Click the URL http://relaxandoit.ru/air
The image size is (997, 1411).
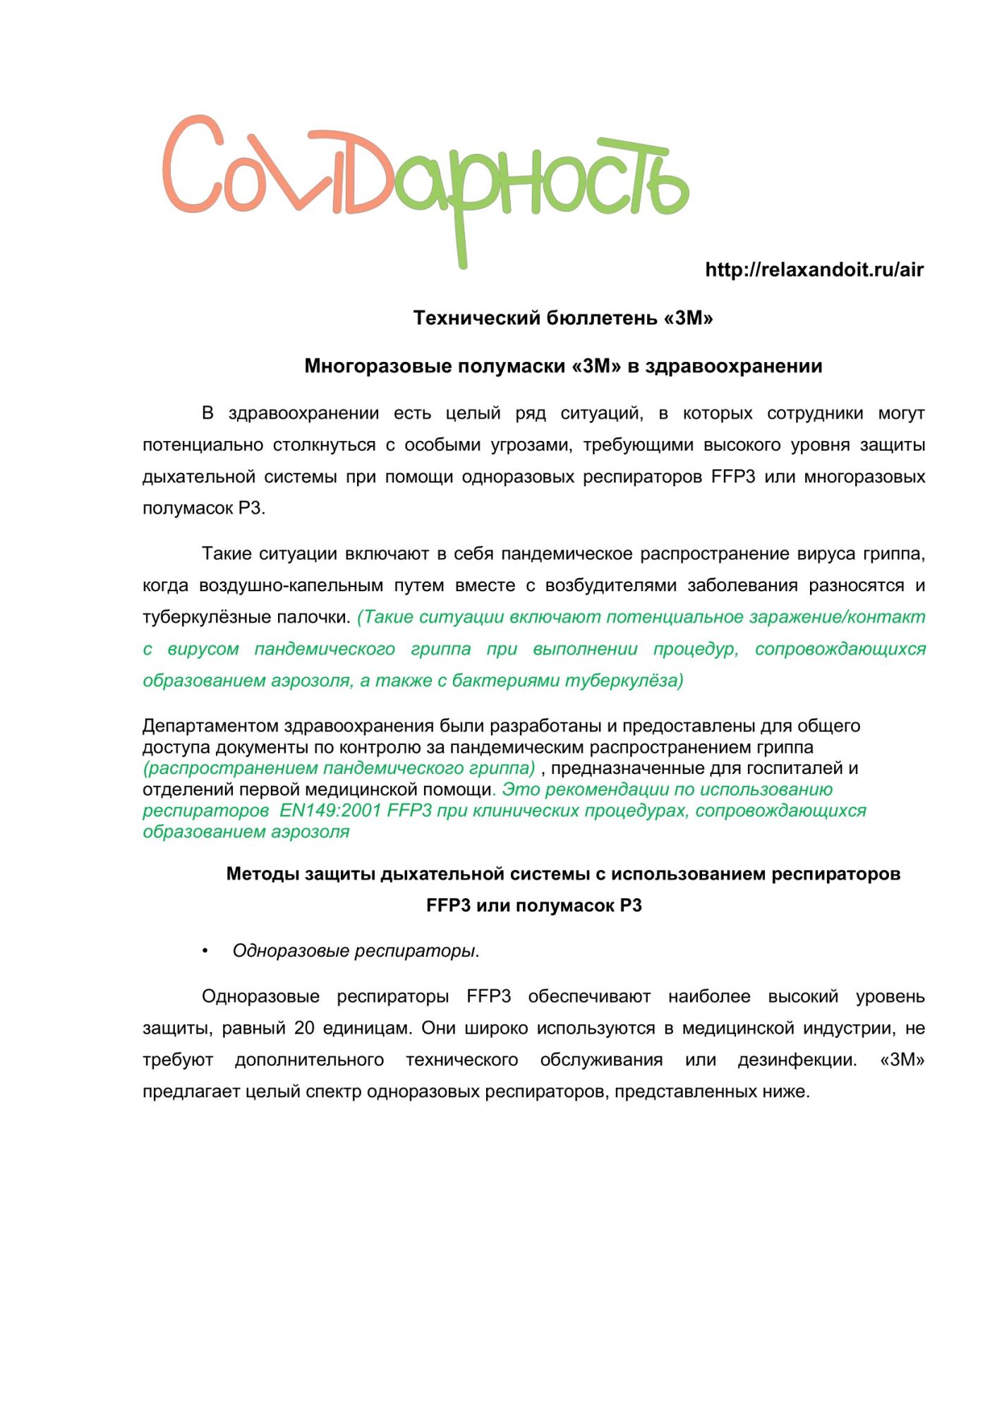(814, 270)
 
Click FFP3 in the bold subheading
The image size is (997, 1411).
(448, 906)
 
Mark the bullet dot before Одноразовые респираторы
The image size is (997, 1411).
(205, 951)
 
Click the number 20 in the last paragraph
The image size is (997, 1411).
(304, 1029)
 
